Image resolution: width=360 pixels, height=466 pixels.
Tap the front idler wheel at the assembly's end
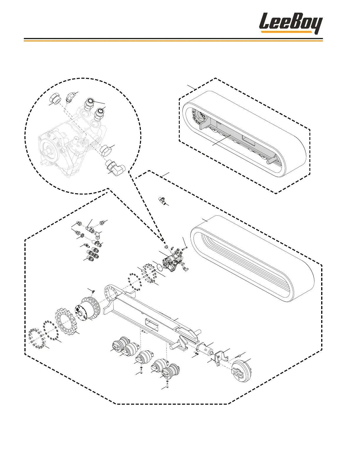tap(241, 371)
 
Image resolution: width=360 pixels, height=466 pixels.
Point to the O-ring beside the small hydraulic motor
tap(159, 267)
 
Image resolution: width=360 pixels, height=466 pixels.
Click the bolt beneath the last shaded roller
tap(167, 383)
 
